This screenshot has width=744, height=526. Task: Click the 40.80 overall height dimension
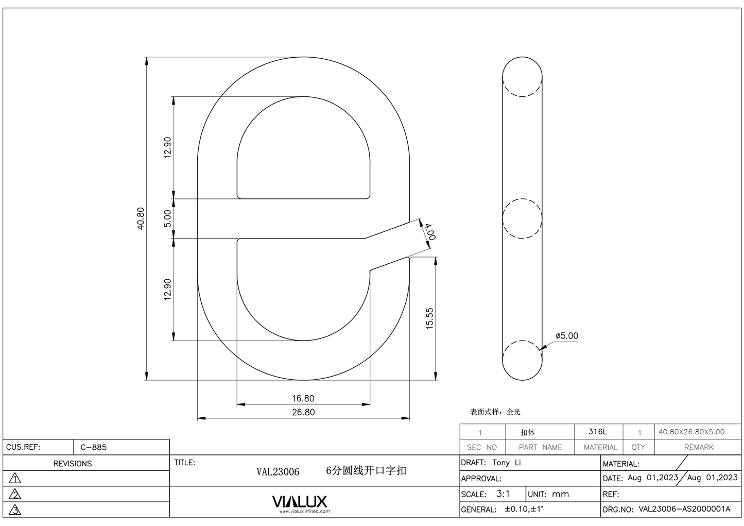(141, 218)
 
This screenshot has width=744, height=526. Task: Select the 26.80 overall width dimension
(303, 412)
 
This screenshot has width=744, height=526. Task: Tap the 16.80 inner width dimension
(303, 398)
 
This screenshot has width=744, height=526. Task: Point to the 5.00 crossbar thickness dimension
(167, 218)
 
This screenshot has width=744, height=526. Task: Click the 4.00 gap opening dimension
(429, 231)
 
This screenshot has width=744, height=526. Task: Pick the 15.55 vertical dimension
(430, 318)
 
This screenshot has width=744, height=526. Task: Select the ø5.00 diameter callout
(566, 336)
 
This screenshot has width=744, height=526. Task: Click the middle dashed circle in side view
(522, 218)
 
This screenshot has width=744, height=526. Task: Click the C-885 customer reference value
(94, 447)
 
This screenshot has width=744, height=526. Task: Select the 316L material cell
(598, 432)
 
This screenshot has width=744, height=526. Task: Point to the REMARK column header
(699, 447)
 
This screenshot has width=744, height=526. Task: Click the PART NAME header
(540, 447)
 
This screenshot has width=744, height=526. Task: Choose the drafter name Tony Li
(507, 463)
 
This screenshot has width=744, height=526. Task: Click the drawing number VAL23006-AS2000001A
(684, 509)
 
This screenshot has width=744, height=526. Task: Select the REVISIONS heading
(73, 464)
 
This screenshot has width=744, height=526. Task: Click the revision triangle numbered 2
(15, 495)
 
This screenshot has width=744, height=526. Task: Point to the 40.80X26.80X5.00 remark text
(691, 432)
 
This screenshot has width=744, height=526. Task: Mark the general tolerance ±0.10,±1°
(524, 509)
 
